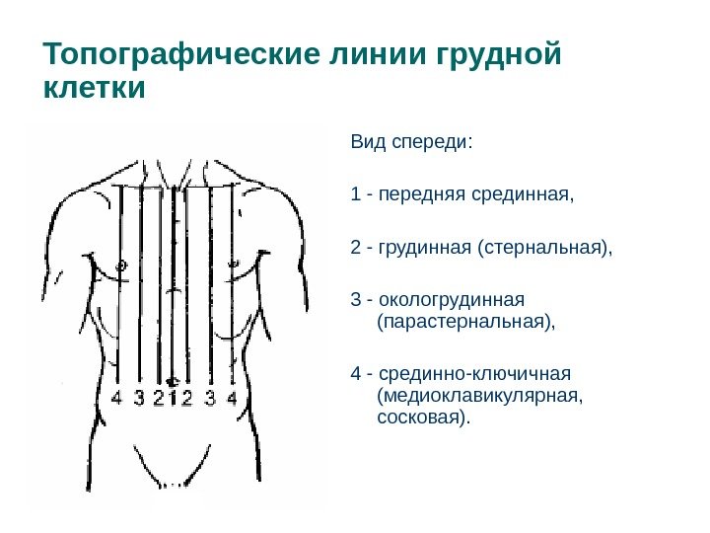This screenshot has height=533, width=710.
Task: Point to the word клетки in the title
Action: [x=95, y=89]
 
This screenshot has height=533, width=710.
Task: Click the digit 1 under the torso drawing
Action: [x=174, y=398]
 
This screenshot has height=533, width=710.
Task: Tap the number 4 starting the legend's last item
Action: [x=355, y=374]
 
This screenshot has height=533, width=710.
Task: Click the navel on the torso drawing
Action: [x=174, y=380]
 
